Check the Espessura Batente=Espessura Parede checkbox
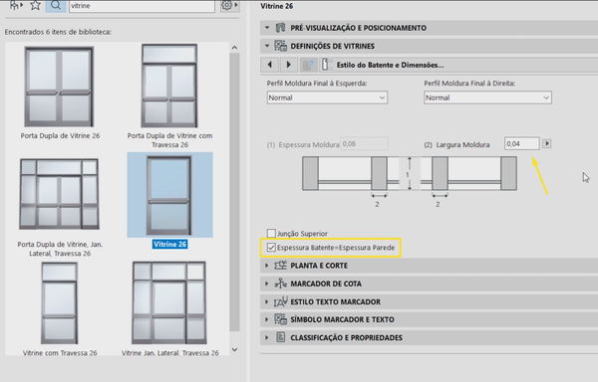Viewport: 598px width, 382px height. point(271,248)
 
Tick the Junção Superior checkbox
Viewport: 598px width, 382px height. point(271,233)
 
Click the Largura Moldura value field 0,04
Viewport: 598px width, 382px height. point(521,144)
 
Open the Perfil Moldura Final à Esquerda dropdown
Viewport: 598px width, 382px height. point(327,97)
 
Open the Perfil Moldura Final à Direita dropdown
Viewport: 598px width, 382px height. point(487,97)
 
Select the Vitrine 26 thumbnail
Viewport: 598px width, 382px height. point(169,195)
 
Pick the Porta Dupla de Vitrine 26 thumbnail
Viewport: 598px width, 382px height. point(59,87)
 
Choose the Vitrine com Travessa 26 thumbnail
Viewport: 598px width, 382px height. point(60,303)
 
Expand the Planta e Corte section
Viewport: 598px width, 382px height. point(319,266)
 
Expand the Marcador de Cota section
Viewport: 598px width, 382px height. point(325,284)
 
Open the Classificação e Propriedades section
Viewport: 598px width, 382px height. point(346,337)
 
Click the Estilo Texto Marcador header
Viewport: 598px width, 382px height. point(335,301)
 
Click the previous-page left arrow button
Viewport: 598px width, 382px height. point(270,65)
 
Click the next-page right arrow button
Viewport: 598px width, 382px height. point(289,65)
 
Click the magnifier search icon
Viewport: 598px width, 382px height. point(56,5)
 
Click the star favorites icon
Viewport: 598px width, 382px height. point(35,5)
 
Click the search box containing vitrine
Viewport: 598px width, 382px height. point(142,6)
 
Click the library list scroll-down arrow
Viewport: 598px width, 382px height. point(234,349)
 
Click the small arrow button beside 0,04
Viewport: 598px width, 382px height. point(547,143)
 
